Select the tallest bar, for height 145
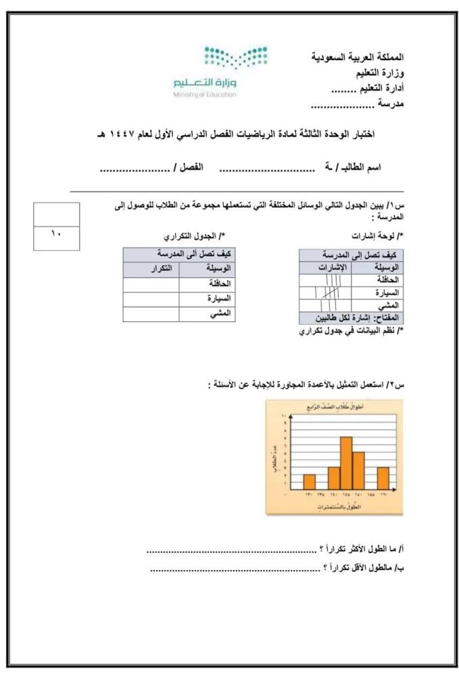click(x=346, y=462)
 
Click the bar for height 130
click(x=309, y=481)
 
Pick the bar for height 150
click(x=358, y=470)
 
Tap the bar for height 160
click(x=383, y=477)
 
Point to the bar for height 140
click(x=334, y=477)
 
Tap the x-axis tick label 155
click(x=371, y=496)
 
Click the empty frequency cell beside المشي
click(x=151, y=314)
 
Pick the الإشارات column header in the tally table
click(x=331, y=268)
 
